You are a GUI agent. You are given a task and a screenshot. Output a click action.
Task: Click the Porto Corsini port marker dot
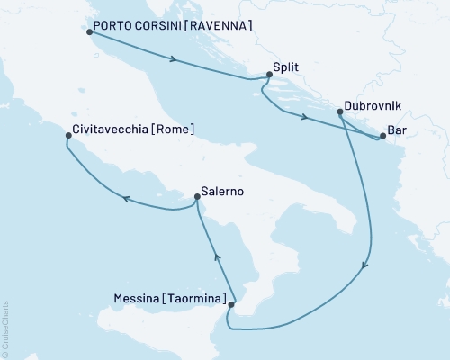pyautogui.click(x=88, y=32)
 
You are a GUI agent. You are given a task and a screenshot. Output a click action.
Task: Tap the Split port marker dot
pyautogui.click(x=266, y=78)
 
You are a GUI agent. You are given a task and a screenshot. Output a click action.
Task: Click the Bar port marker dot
pyautogui.click(x=382, y=137)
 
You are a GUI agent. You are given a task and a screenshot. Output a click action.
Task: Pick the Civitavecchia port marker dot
pyautogui.click(x=68, y=137)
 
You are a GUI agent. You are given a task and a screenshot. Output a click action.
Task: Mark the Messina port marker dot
pyautogui.click(x=231, y=305)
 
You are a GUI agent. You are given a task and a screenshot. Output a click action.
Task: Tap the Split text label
pyautogui.click(x=285, y=67)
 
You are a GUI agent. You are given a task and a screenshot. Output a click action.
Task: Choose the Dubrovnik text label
pyautogui.click(x=371, y=105)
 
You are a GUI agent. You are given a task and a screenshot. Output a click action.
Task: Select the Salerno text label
pyautogui.click(x=220, y=192)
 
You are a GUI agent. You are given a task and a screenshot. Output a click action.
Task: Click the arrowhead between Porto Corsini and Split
pyautogui.click(x=171, y=60)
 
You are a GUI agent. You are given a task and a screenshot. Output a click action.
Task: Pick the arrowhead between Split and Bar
pyautogui.click(x=306, y=119)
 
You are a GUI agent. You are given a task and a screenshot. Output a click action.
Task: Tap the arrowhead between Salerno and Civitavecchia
pyautogui.click(x=127, y=200)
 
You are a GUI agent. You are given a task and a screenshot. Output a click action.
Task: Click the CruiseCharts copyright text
pyautogui.click(x=5, y=328)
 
